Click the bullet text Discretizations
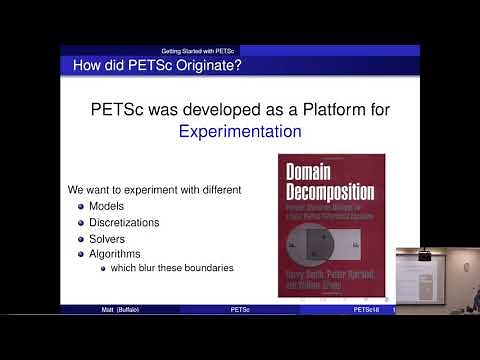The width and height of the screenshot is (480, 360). (125, 222)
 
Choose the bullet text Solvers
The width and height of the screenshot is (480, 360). (111, 239)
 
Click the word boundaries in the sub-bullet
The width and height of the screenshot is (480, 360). (209, 268)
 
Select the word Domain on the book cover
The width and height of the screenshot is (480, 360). (312, 172)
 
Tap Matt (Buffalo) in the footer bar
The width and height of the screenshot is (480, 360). (119, 310)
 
